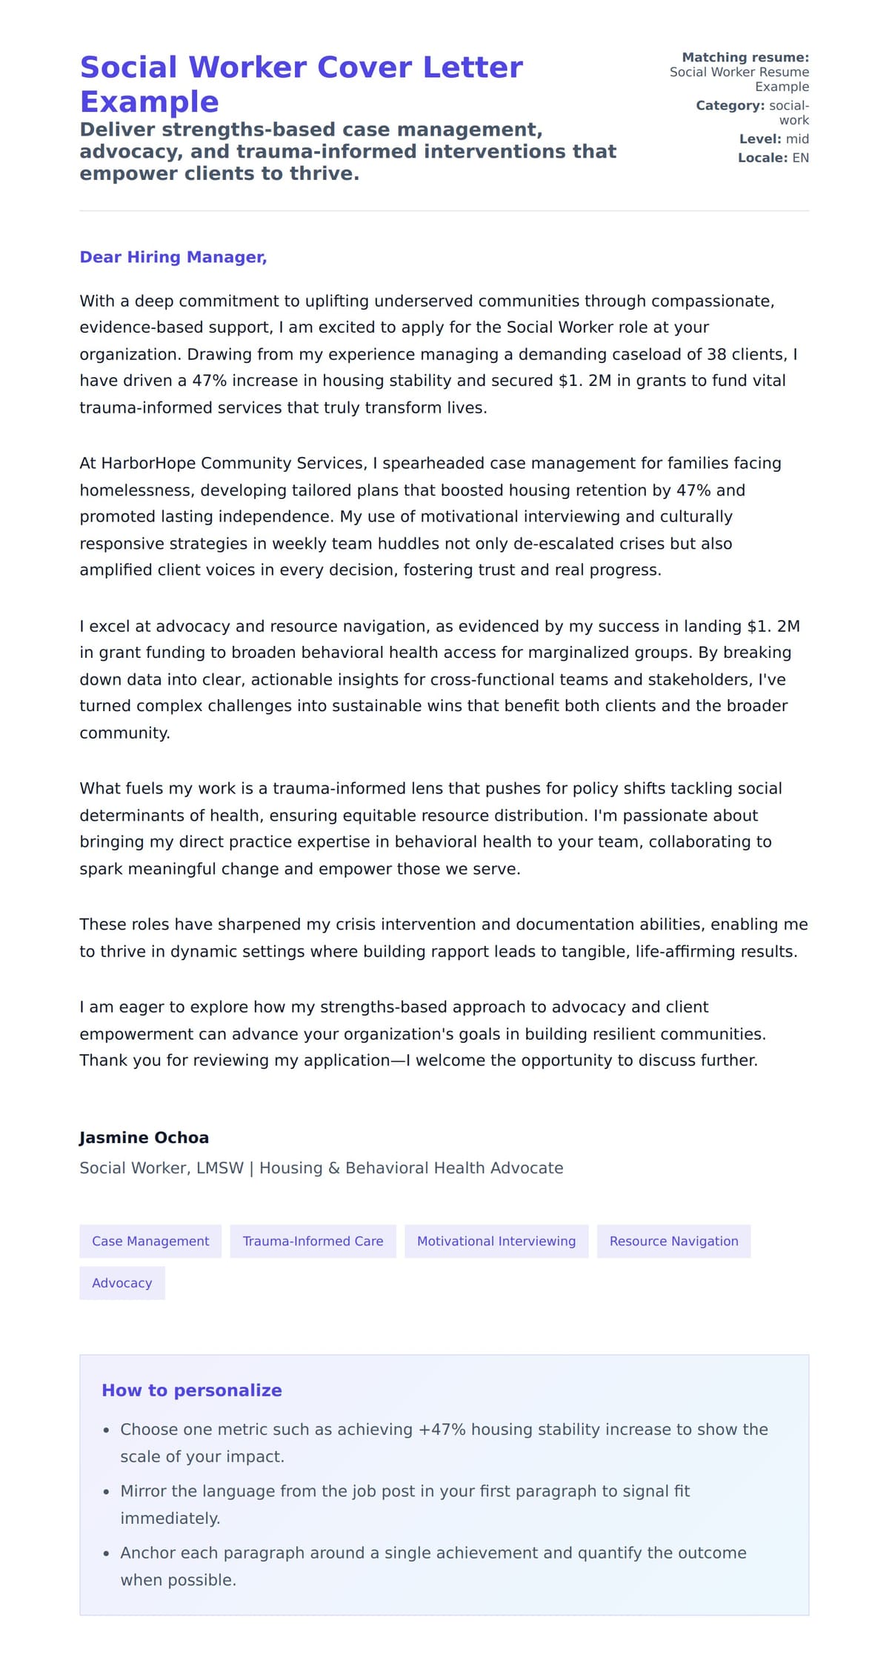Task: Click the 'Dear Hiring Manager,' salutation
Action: [173, 257]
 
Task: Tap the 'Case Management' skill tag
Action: [150, 1241]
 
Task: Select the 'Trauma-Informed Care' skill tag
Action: [313, 1241]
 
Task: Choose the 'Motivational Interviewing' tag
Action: [496, 1241]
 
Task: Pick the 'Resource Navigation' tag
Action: [673, 1241]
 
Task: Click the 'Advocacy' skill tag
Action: [121, 1282]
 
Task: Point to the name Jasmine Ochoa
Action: [144, 1137]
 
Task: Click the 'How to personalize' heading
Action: [191, 1390]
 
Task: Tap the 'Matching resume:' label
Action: [745, 57]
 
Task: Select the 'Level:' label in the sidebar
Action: [759, 139]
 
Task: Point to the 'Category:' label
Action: [730, 105]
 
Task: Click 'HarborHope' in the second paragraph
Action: [148, 463]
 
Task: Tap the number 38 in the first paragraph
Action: [716, 354]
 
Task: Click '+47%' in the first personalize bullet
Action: [442, 1429]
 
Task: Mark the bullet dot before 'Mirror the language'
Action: [107, 1492]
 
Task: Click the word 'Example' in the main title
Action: [149, 101]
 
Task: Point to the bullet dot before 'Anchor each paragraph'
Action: [107, 1553]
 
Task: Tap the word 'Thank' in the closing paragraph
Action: [103, 1060]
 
